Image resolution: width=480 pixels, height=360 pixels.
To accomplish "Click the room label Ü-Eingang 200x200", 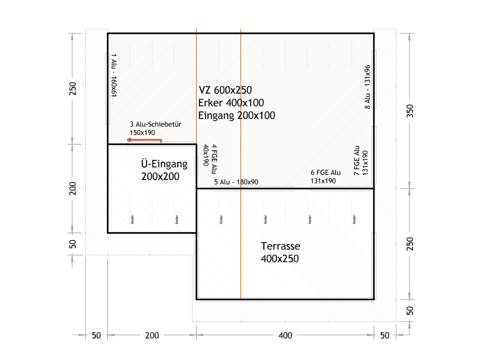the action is [164, 170].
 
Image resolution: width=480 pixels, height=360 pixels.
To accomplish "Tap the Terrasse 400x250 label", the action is [280, 252].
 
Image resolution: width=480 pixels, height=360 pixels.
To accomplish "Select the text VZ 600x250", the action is [225, 90].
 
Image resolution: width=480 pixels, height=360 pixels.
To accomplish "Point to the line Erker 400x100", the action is [231, 103].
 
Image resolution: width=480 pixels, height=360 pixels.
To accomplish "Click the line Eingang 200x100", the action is [237, 116].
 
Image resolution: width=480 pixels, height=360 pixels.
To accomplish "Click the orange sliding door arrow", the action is [144, 140].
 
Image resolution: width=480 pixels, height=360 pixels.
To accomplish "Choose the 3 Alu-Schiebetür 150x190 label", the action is [156, 128].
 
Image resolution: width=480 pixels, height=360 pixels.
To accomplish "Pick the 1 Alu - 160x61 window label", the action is [114, 75].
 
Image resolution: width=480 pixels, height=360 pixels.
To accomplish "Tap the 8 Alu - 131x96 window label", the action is [367, 87].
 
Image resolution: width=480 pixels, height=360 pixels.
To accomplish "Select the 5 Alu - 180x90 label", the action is [236, 182].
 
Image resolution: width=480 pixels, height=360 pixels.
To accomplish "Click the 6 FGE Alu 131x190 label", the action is [325, 177].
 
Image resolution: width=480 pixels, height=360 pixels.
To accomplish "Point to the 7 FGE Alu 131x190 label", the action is [361, 160].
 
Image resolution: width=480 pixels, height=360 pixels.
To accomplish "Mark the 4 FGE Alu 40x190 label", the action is [210, 159].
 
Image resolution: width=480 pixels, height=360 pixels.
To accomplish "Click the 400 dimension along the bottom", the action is [285, 335].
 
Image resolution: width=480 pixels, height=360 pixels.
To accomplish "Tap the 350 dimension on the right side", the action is [410, 111].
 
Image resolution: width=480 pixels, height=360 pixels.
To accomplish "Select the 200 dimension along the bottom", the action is [152, 335].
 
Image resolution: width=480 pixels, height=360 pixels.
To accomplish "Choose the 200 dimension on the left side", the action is [73, 188].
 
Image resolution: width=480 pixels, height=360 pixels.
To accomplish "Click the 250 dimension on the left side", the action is [73, 88].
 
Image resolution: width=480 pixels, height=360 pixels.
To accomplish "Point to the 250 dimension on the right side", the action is [410, 244].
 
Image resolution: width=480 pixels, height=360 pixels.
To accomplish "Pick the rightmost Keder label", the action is [354, 220].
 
